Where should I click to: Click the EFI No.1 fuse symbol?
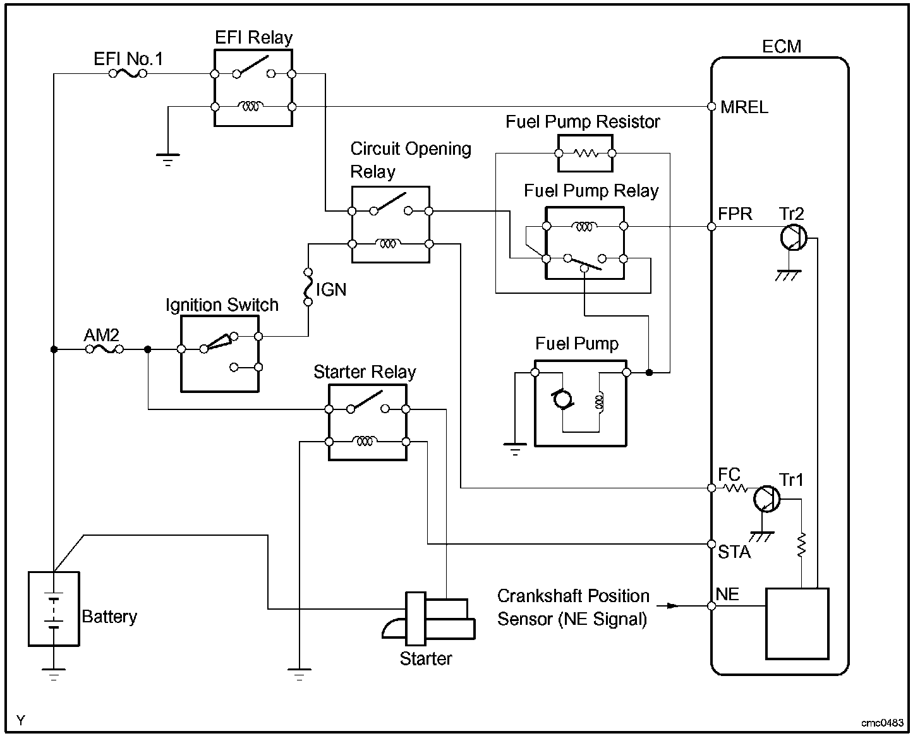click(x=128, y=74)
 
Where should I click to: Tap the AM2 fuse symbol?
click(x=104, y=349)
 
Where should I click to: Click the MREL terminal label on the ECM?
click(x=744, y=107)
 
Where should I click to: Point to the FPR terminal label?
click(x=735, y=214)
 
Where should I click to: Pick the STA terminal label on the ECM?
click(x=734, y=552)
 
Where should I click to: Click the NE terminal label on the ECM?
click(x=727, y=595)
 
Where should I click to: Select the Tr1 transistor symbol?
click(x=766, y=498)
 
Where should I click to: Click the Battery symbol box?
click(x=54, y=608)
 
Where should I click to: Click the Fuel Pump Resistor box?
click(x=585, y=153)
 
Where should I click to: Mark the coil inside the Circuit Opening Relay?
click(x=387, y=243)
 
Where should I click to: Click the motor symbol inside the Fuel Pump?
click(x=562, y=400)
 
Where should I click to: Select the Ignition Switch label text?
click(x=222, y=305)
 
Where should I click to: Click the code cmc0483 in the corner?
click(x=882, y=723)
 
